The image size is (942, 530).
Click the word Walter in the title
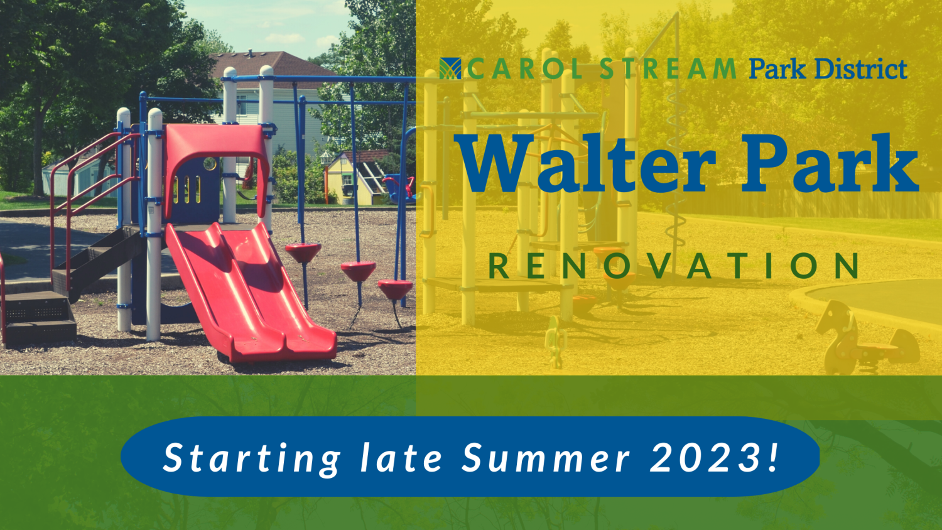585,164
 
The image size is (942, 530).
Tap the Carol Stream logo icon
450,68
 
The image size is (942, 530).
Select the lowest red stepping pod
395,289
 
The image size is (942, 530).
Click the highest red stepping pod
303,252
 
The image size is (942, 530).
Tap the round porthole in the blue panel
210,164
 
